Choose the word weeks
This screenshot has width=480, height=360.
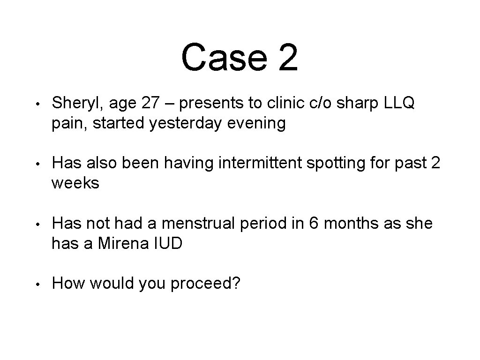coord(75,183)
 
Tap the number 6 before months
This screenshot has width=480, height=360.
coord(313,224)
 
